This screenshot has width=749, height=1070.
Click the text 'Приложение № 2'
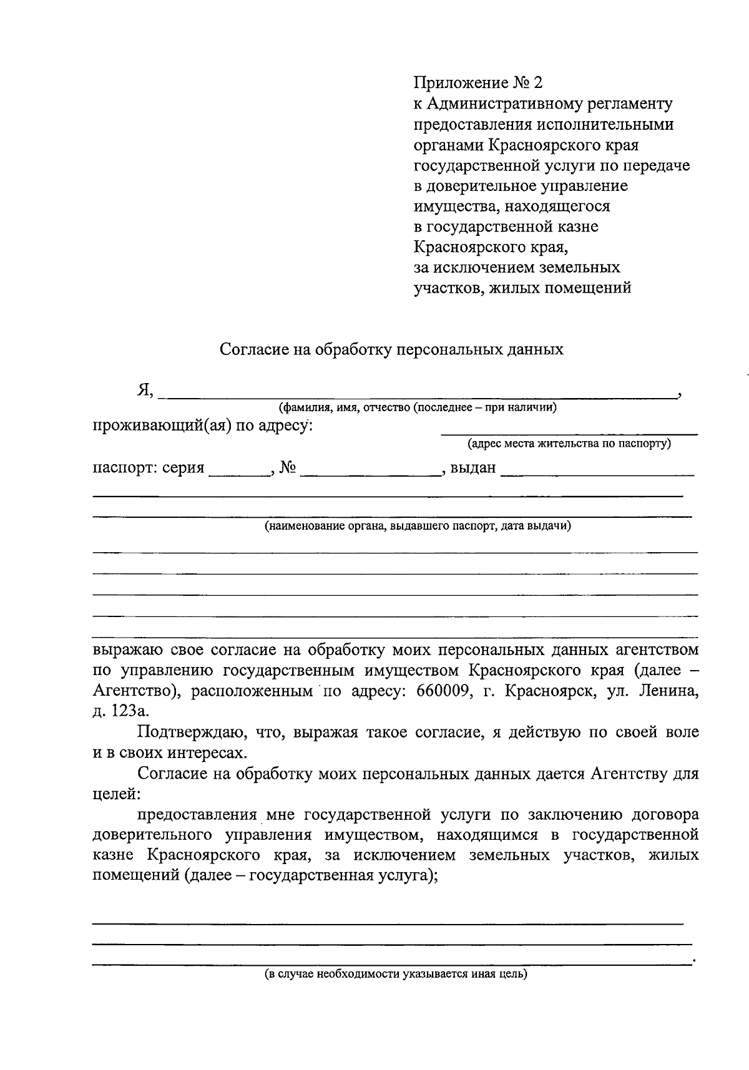coord(479,83)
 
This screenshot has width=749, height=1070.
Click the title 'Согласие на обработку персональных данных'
coord(391,349)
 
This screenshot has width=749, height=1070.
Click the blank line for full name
coord(418,394)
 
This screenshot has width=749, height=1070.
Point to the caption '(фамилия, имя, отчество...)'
coord(418,408)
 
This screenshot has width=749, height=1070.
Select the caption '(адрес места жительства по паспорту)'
coord(569,444)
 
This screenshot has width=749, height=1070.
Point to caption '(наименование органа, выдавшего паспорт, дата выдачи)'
coord(418,526)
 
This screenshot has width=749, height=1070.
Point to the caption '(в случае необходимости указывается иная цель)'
coord(395,974)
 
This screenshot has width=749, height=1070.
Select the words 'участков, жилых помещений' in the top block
coord(522,288)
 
